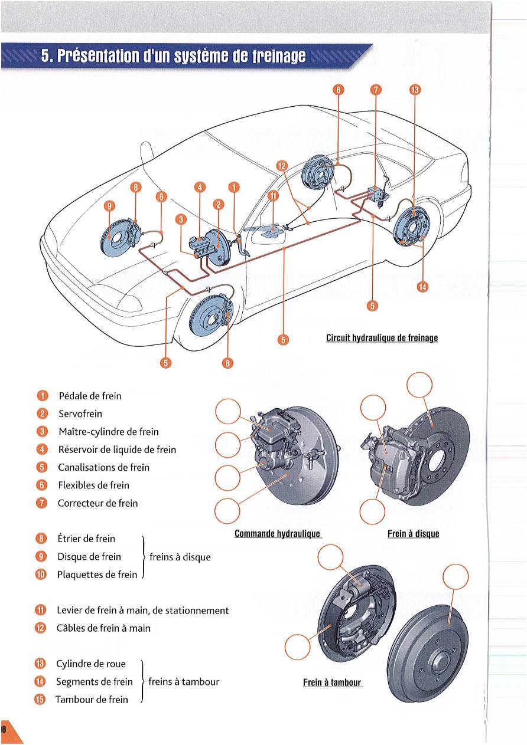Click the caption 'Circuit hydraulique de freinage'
point(382,338)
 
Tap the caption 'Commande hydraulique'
point(277,534)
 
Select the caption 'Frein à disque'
point(414,534)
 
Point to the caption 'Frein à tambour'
point(331,682)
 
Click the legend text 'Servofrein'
point(80,413)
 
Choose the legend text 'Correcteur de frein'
point(97,503)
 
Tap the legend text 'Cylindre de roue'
point(90,664)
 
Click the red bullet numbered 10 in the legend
point(41,575)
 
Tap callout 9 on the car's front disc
point(109,206)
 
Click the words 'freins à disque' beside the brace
point(180,557)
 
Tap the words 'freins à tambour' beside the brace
point(184,682)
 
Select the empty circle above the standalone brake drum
point(456,577)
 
